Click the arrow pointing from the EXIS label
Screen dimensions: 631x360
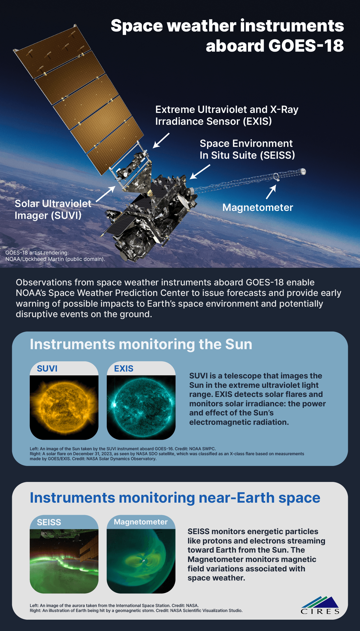point(161,140)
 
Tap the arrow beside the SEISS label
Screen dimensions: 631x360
point(200,172)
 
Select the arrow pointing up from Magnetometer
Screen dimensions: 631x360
point(271,192)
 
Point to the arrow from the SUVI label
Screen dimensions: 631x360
point(106,194)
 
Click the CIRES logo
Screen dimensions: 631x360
point(320,606)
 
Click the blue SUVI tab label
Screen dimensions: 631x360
point(47,368)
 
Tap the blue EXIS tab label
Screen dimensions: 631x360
point(124,368)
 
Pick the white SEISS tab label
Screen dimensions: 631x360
point(49,522)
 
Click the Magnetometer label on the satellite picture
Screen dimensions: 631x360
point(258,208)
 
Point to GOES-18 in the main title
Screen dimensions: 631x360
point(306,46)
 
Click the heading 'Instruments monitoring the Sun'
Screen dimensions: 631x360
point(141,344)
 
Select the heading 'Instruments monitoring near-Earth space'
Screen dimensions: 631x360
point(175,498)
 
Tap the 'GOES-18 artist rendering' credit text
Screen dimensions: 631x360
point(37,253)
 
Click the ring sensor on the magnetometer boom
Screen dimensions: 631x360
point(276,176)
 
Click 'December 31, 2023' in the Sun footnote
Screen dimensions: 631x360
point(92,454)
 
